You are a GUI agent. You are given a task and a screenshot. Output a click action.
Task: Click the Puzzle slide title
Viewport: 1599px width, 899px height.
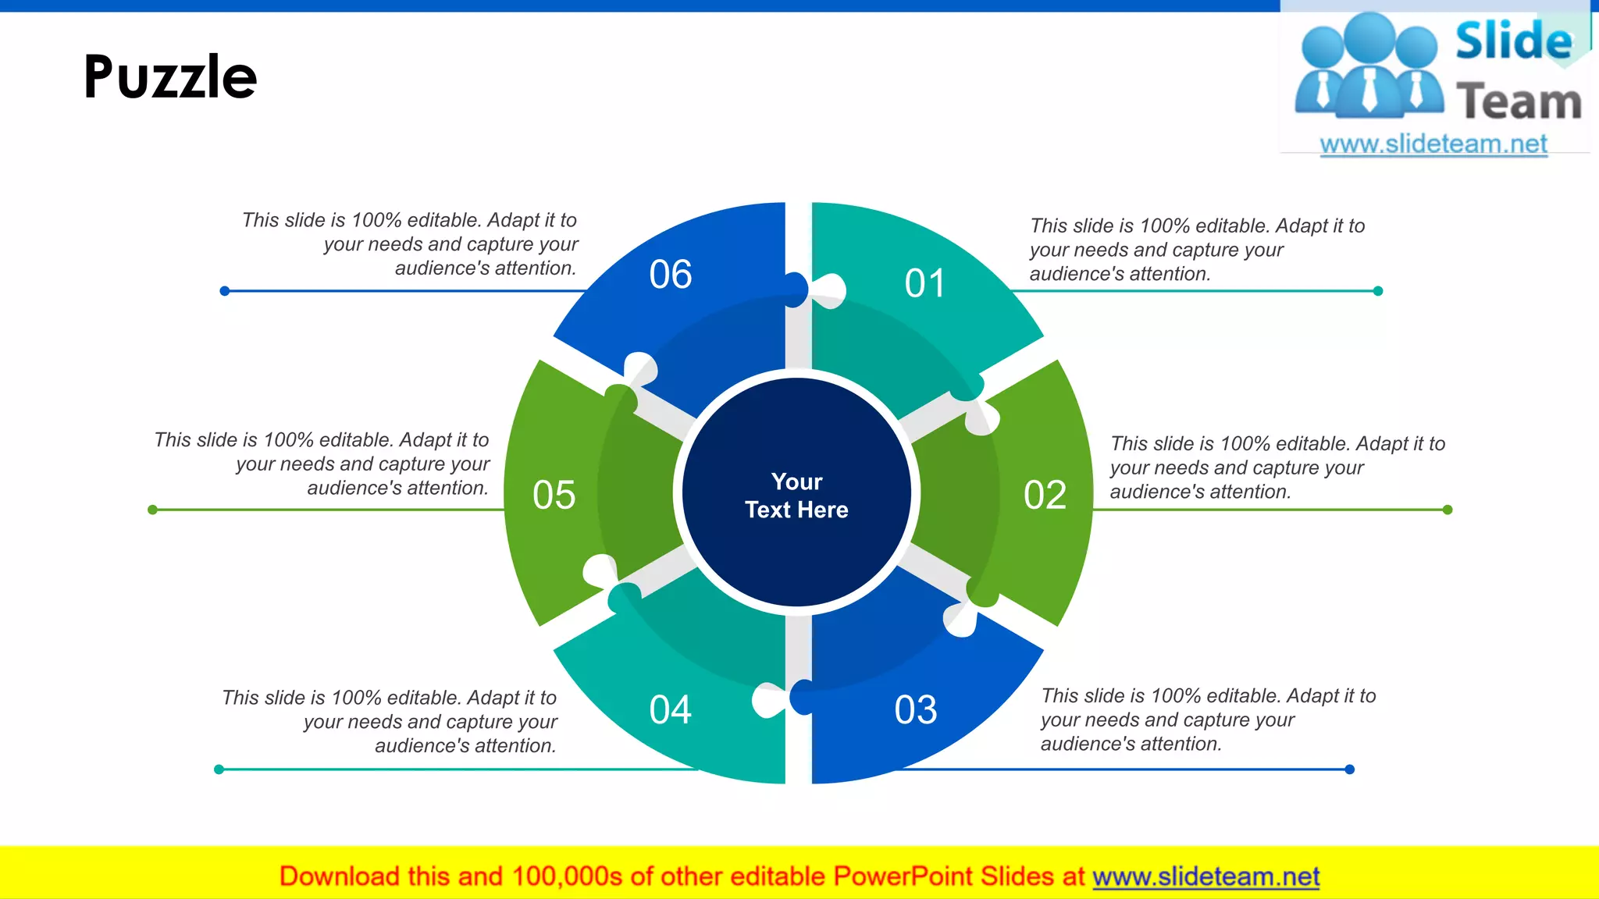[x=170, y=77]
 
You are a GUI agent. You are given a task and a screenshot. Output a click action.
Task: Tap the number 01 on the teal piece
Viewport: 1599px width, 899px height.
[x=924, y=283]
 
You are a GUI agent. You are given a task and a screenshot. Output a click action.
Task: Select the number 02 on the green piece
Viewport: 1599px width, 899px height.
[x=1045, y=495]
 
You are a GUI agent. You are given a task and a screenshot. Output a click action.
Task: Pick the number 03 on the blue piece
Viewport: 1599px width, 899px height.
[x=915, y=710]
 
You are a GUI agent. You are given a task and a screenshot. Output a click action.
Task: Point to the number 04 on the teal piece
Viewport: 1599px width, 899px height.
[x=670, y=710]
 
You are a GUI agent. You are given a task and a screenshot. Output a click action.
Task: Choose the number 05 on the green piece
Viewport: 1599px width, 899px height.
[x=554, y=495]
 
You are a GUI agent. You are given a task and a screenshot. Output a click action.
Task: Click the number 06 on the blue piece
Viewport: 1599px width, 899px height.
[x=670, y=275]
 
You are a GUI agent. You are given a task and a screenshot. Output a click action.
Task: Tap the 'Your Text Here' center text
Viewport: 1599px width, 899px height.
[x=796, y=496]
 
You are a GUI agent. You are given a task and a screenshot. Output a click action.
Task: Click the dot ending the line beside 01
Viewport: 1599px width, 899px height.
[x=1378, y=291]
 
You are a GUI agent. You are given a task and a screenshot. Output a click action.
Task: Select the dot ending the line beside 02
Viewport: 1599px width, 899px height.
[x=1448, y=510]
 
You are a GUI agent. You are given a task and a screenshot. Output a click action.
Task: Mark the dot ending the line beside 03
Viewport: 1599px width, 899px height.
[x=1350, y=769]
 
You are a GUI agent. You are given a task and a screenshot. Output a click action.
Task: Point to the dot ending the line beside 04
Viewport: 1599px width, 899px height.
[x=219, y=769]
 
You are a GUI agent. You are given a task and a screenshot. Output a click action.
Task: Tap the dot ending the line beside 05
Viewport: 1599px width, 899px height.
[x=152, y=510]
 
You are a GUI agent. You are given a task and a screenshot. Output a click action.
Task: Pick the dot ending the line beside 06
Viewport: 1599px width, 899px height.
[x=224, y=291]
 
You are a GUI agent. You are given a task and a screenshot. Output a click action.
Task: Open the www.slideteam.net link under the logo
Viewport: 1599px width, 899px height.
[x=1433, y=144]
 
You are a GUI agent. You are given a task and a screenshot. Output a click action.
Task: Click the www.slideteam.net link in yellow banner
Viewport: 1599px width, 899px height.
[x=1205, y=876]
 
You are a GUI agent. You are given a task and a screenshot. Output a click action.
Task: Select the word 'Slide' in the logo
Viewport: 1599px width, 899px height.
[x=1513, y=41]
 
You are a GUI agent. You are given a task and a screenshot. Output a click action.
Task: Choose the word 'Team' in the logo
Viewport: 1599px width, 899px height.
[x=1519, y=101]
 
